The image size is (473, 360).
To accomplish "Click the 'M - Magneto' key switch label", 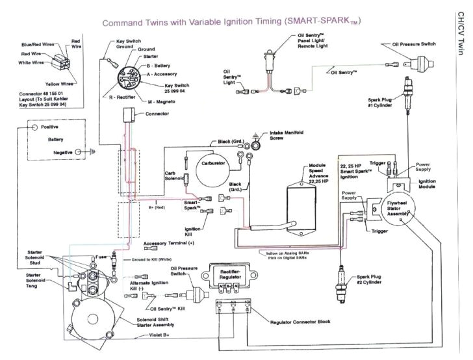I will (x=161, y=102).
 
